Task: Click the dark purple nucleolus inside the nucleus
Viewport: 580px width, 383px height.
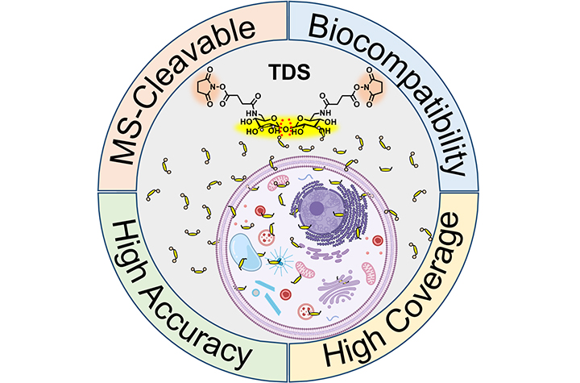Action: [317, 209]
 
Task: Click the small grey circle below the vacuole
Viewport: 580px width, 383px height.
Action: [253, 281]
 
